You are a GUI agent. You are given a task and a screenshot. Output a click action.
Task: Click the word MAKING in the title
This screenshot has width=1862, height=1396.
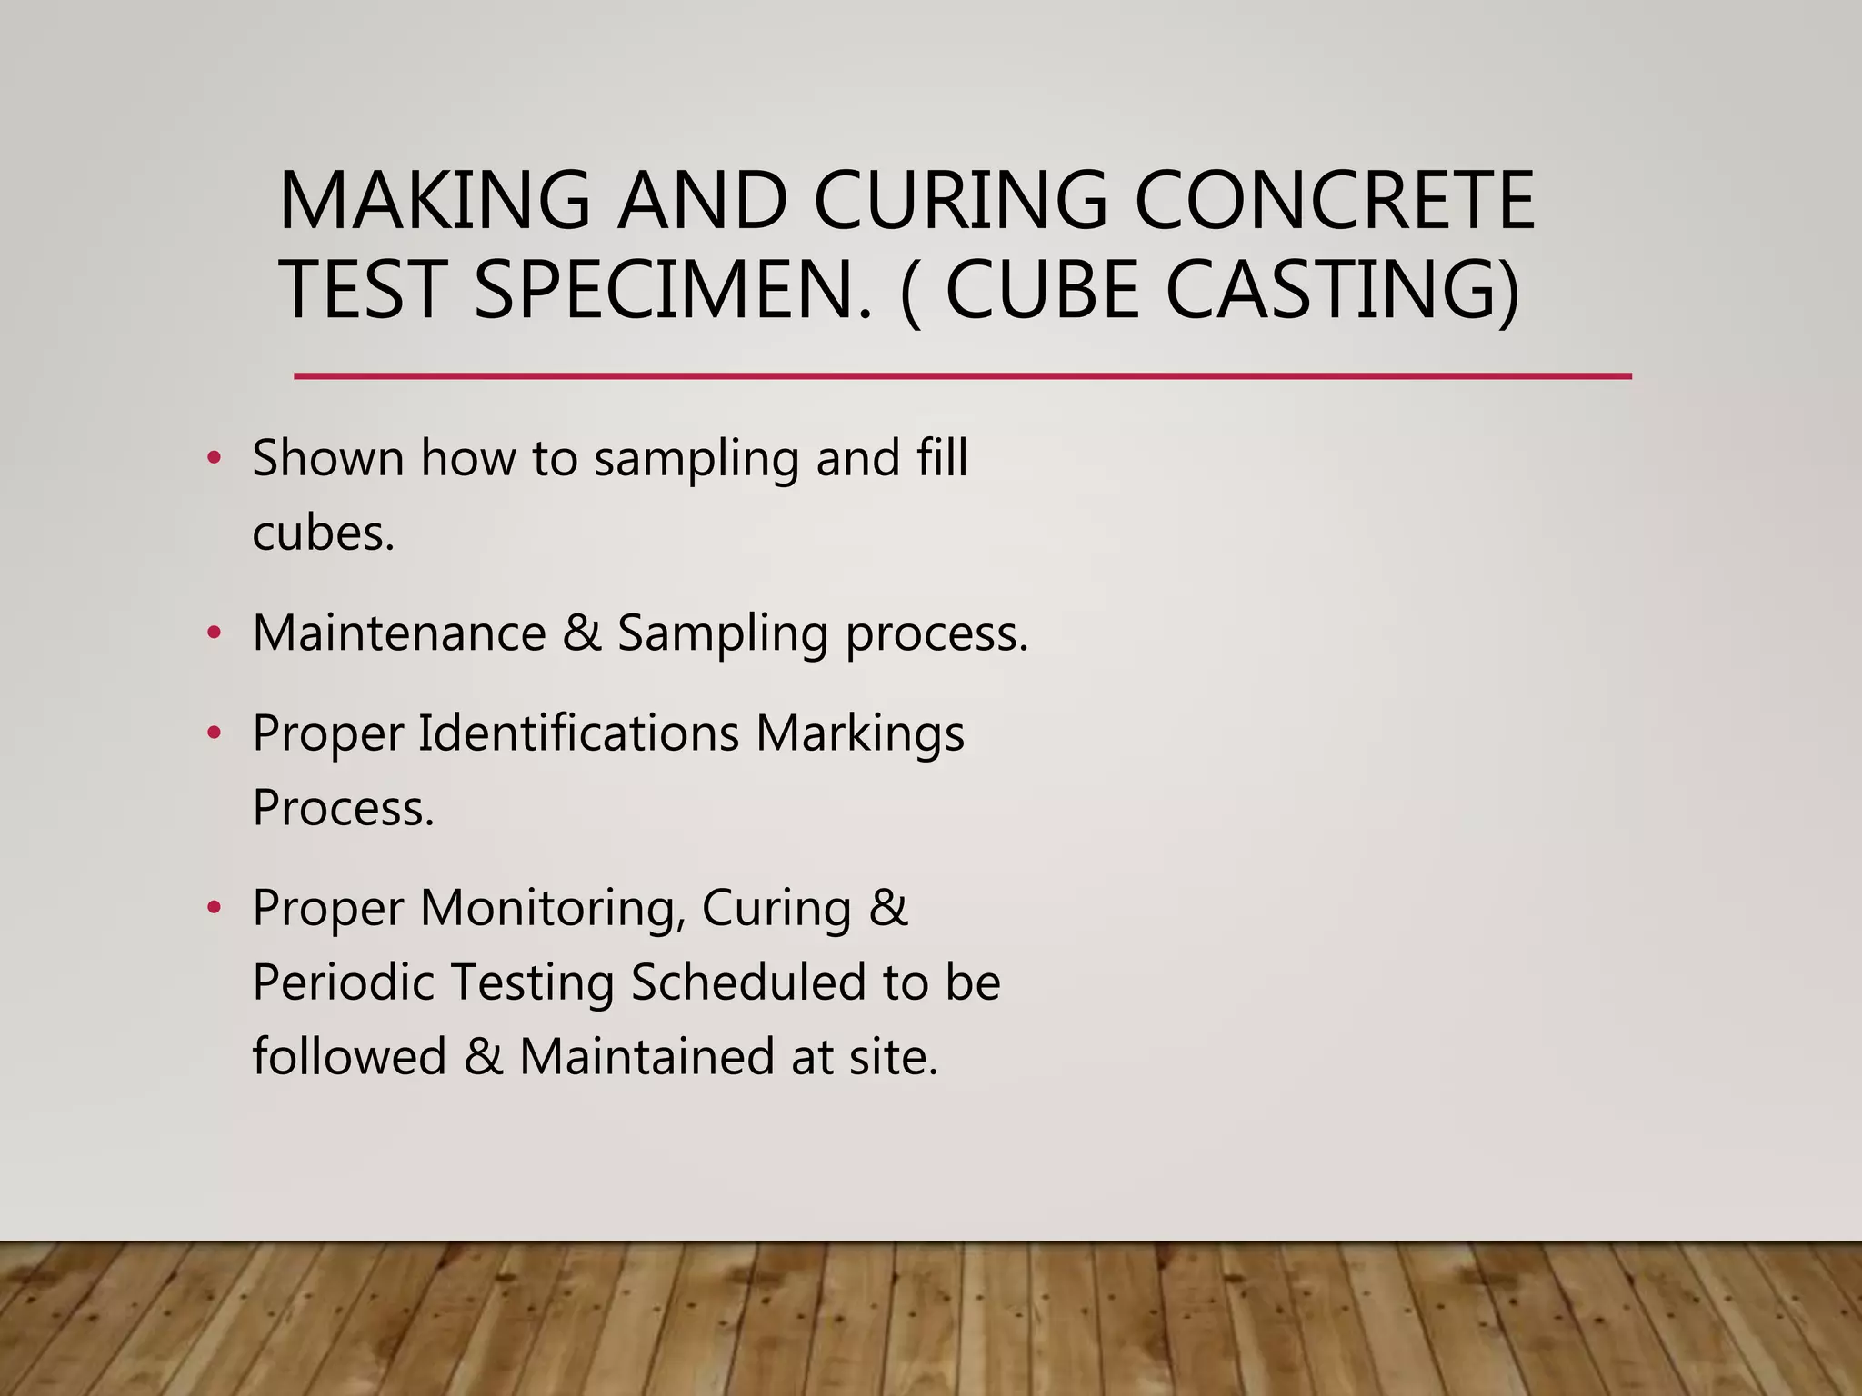(435, 201)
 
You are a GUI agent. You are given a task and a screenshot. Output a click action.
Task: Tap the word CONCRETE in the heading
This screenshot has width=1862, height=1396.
(1335, 201)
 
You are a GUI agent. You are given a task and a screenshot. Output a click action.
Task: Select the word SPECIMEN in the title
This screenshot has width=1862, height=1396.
(673, 290)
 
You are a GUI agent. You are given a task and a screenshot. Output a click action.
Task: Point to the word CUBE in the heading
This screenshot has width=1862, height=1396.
(1042, 290)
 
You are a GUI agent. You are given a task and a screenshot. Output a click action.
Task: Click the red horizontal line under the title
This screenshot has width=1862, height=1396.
(962, 375)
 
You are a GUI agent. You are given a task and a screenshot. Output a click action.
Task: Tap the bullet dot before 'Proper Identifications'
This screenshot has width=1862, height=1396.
(214, 733)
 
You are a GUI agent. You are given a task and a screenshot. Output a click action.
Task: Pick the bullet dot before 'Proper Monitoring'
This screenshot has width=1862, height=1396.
(214, 907)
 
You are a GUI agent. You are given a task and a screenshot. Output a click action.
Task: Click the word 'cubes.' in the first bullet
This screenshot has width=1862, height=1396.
(324, 533)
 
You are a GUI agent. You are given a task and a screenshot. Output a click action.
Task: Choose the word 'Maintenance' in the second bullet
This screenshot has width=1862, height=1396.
(399, 633)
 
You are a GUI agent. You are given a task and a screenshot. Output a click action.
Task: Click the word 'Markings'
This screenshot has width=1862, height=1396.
(859, 734)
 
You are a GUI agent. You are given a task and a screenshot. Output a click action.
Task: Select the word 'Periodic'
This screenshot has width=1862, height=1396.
(344, 982)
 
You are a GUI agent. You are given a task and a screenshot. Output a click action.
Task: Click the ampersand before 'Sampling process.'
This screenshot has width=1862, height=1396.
(582, 633)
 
